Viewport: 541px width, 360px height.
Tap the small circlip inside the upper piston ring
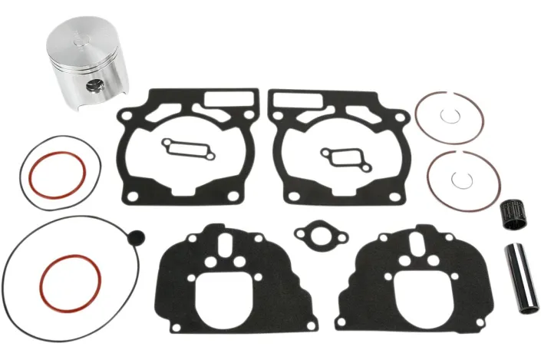450,116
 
